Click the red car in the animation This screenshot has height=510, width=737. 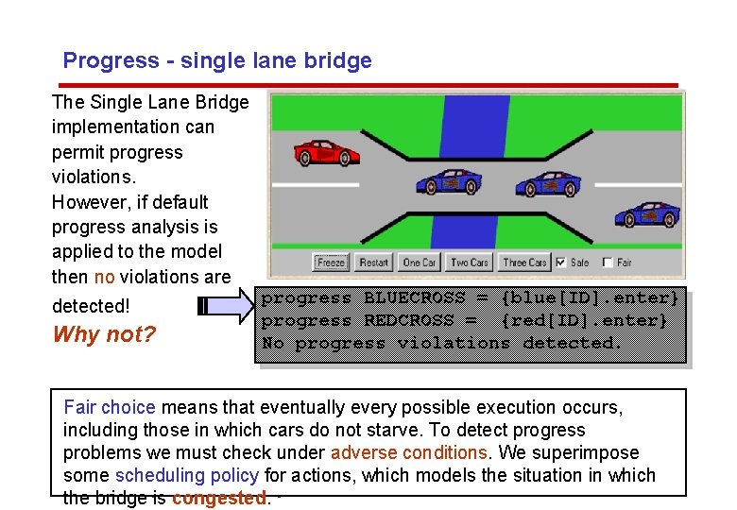327,152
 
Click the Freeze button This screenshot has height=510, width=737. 331,263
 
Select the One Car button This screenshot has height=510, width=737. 419,263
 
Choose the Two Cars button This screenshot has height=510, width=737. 470,263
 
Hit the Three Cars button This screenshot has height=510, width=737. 524,263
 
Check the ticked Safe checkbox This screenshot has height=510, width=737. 561,263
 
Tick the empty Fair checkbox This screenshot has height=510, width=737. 608,263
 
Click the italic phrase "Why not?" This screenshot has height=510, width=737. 104,334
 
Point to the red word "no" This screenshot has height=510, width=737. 104,277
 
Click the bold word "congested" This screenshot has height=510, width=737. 218,498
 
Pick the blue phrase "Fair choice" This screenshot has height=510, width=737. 109,407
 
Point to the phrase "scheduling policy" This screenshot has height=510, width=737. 187,475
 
